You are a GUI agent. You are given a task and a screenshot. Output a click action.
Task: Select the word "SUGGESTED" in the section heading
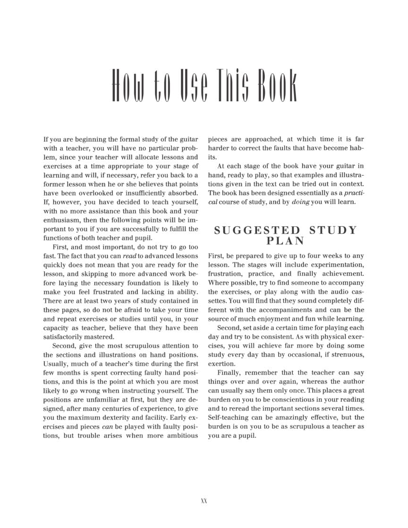[x=257, y=230]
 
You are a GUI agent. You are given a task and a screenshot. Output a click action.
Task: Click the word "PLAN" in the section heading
[x=286, y=241]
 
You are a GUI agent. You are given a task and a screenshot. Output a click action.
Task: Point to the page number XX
[x=204, y=501]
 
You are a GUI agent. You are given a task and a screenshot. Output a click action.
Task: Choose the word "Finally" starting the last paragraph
[x=229, y=373]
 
